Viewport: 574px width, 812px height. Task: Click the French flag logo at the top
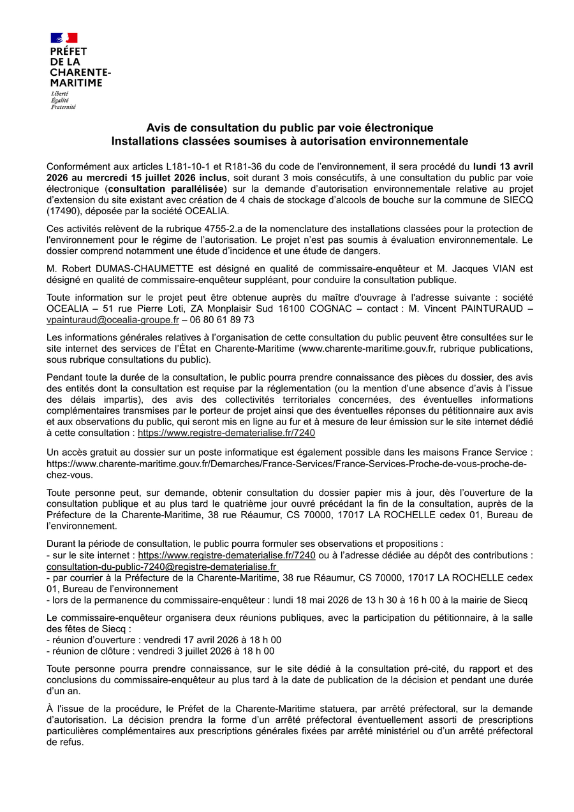(x=64, y=38)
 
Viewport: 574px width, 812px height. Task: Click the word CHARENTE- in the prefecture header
(x=80, y=73)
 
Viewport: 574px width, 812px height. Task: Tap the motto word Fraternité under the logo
(x=63, y=107)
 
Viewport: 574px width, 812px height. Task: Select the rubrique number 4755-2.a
(x=230, y=229)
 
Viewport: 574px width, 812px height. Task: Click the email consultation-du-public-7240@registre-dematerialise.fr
(x=162, y=567)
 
